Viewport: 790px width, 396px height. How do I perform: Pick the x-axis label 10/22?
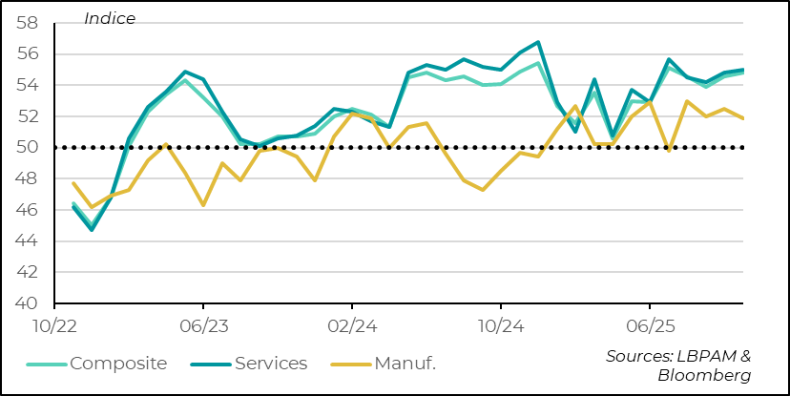point(54,326)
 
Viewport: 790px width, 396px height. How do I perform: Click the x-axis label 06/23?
point(203,326)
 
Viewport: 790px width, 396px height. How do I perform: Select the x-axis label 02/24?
point(352,326)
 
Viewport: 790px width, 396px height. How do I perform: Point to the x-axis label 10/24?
point(501,326)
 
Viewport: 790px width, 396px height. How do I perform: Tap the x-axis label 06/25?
point(650,326)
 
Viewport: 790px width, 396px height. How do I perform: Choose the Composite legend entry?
point(117,364)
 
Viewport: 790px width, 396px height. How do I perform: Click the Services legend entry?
point(271,364)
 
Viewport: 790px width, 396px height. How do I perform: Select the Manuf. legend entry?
point(413,364)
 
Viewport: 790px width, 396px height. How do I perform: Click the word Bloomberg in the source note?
point(704,375)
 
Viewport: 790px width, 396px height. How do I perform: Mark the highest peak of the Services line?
point(538,42)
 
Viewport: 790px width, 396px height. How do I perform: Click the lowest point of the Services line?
point(92,230)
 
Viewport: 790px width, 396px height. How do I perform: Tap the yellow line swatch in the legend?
point(351,364)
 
